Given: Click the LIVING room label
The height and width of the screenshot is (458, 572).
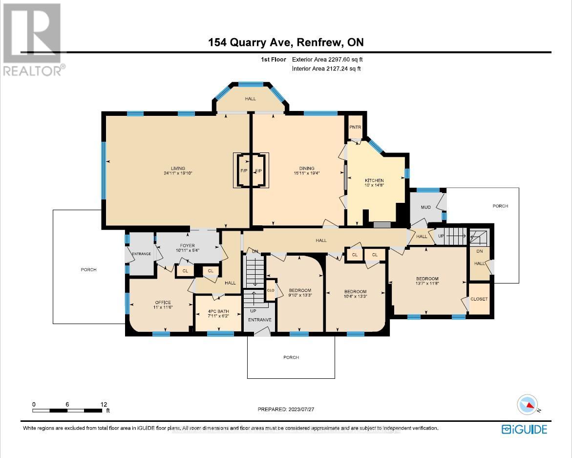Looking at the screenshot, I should [x=174, y=169].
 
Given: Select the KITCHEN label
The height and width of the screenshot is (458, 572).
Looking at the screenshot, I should [x=374, y=180].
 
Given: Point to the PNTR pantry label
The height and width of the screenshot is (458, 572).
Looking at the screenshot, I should [x=355, y=128].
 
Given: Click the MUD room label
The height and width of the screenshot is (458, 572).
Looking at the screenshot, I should [x=425, y=207].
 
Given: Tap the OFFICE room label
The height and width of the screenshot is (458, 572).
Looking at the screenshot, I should [x=163, y=303].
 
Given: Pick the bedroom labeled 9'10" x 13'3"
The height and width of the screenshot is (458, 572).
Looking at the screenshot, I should [x=300, y=292].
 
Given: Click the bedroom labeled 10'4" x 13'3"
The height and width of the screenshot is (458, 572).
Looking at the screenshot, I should [x=355, y=294].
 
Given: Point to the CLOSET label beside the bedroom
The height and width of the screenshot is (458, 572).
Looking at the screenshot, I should [x=479, y=299].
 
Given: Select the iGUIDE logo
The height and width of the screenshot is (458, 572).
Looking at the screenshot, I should [x=524, y=429].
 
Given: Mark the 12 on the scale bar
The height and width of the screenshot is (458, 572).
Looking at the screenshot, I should [x=104, y=404].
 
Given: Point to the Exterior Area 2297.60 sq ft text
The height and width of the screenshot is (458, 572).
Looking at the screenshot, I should [x=327, y=60].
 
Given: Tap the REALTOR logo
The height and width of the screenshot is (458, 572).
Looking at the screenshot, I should [x=32, y=39].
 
